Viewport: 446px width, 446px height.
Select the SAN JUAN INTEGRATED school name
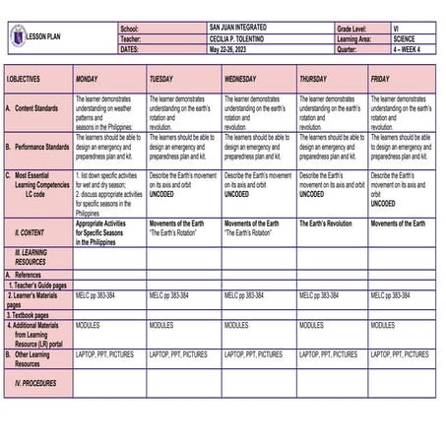click(x=238, y=28)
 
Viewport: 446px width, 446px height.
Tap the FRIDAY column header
click(x=380, y=77)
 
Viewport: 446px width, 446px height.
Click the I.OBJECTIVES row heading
click(x=28, y=77)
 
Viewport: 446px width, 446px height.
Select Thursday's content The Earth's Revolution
click(x=329, y=224)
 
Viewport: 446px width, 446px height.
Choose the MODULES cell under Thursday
click(x=311, y=324)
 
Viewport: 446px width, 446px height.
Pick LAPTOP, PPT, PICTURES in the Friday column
click(x=399, y=353)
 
